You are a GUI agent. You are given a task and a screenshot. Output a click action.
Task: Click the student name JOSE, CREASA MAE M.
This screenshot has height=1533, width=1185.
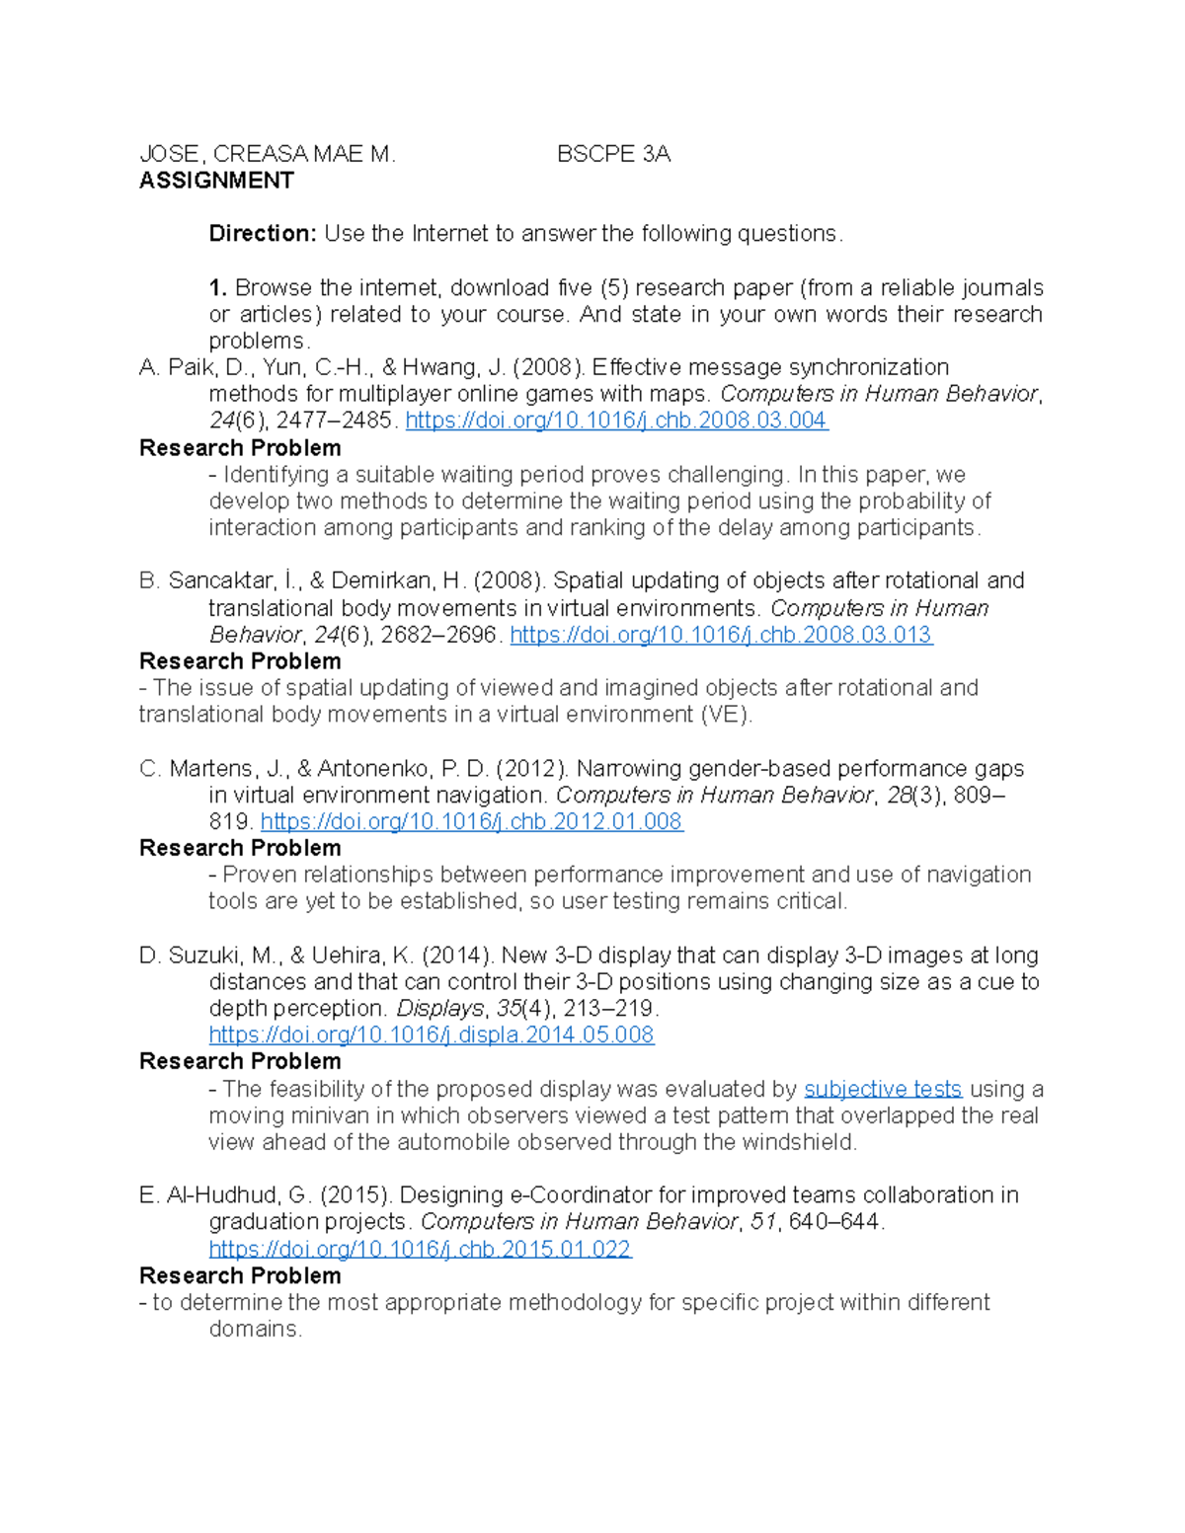267,154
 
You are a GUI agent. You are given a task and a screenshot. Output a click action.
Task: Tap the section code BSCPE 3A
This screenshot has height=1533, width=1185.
613,154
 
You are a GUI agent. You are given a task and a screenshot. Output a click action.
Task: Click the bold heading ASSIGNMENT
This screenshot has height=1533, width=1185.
216,181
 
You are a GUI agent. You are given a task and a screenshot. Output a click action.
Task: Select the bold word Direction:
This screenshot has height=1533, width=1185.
262,234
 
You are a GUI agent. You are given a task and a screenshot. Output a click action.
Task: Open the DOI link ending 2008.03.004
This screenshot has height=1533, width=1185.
616,421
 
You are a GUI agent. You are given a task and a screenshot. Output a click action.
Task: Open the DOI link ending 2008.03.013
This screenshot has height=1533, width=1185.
720,635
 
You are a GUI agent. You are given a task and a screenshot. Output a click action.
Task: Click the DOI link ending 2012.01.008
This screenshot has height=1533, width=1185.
471,822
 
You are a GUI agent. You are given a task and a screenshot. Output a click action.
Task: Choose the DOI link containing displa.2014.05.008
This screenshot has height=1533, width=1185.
432,1035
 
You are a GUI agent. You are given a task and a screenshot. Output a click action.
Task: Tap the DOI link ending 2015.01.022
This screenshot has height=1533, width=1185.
420,1250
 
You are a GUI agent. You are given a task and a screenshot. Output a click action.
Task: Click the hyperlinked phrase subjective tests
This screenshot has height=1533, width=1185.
883,1089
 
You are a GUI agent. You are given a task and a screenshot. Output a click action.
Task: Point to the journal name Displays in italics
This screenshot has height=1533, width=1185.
439,1009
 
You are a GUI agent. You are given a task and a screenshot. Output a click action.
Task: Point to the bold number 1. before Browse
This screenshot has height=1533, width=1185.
218,288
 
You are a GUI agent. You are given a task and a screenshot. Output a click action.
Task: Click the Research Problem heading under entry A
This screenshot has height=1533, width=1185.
240,448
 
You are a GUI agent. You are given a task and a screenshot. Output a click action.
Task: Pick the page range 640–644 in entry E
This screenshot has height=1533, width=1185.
834,1222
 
